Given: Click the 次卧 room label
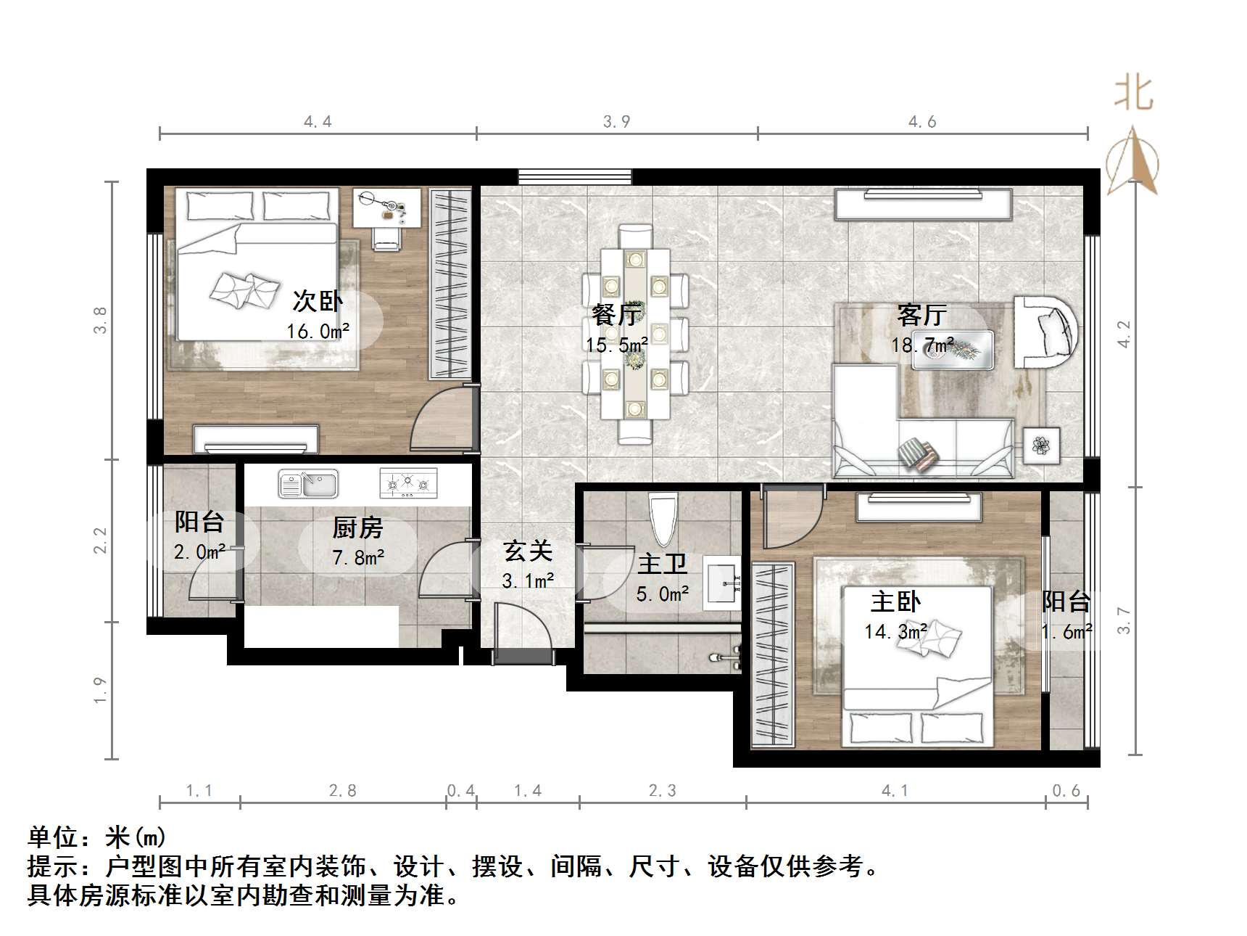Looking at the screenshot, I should (318, 300).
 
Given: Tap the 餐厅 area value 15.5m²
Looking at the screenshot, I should (617, 345).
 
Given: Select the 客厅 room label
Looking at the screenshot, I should (921, 314).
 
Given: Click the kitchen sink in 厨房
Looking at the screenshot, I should (309, 484).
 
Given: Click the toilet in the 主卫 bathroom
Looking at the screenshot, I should (663, 518).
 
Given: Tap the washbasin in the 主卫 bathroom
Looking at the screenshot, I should (722, 580).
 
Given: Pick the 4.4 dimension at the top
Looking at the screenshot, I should (318, 122).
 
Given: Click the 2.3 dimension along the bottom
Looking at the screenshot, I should (662, 791).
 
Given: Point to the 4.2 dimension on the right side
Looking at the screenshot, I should (1124, 334).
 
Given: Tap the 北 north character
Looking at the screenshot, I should (1133, 94).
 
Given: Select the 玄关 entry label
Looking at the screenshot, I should (528, 551).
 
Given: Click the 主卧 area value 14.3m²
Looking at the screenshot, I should (895, 631).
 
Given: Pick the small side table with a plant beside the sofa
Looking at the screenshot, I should (1042, 445).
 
